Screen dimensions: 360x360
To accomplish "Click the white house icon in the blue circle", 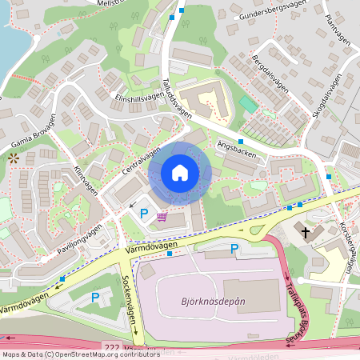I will (x=180, y=173).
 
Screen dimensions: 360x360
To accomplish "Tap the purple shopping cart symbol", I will (x=162, y=216).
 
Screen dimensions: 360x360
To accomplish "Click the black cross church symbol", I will (x=306, y=232).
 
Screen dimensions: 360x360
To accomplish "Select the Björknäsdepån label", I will (x=208, y=305).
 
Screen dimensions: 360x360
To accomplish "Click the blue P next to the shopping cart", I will (x=144, y=214).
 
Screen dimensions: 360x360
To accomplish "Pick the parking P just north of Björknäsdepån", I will (x=234, y=250).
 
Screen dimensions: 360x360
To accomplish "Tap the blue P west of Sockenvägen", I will (x=95, y=298).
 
